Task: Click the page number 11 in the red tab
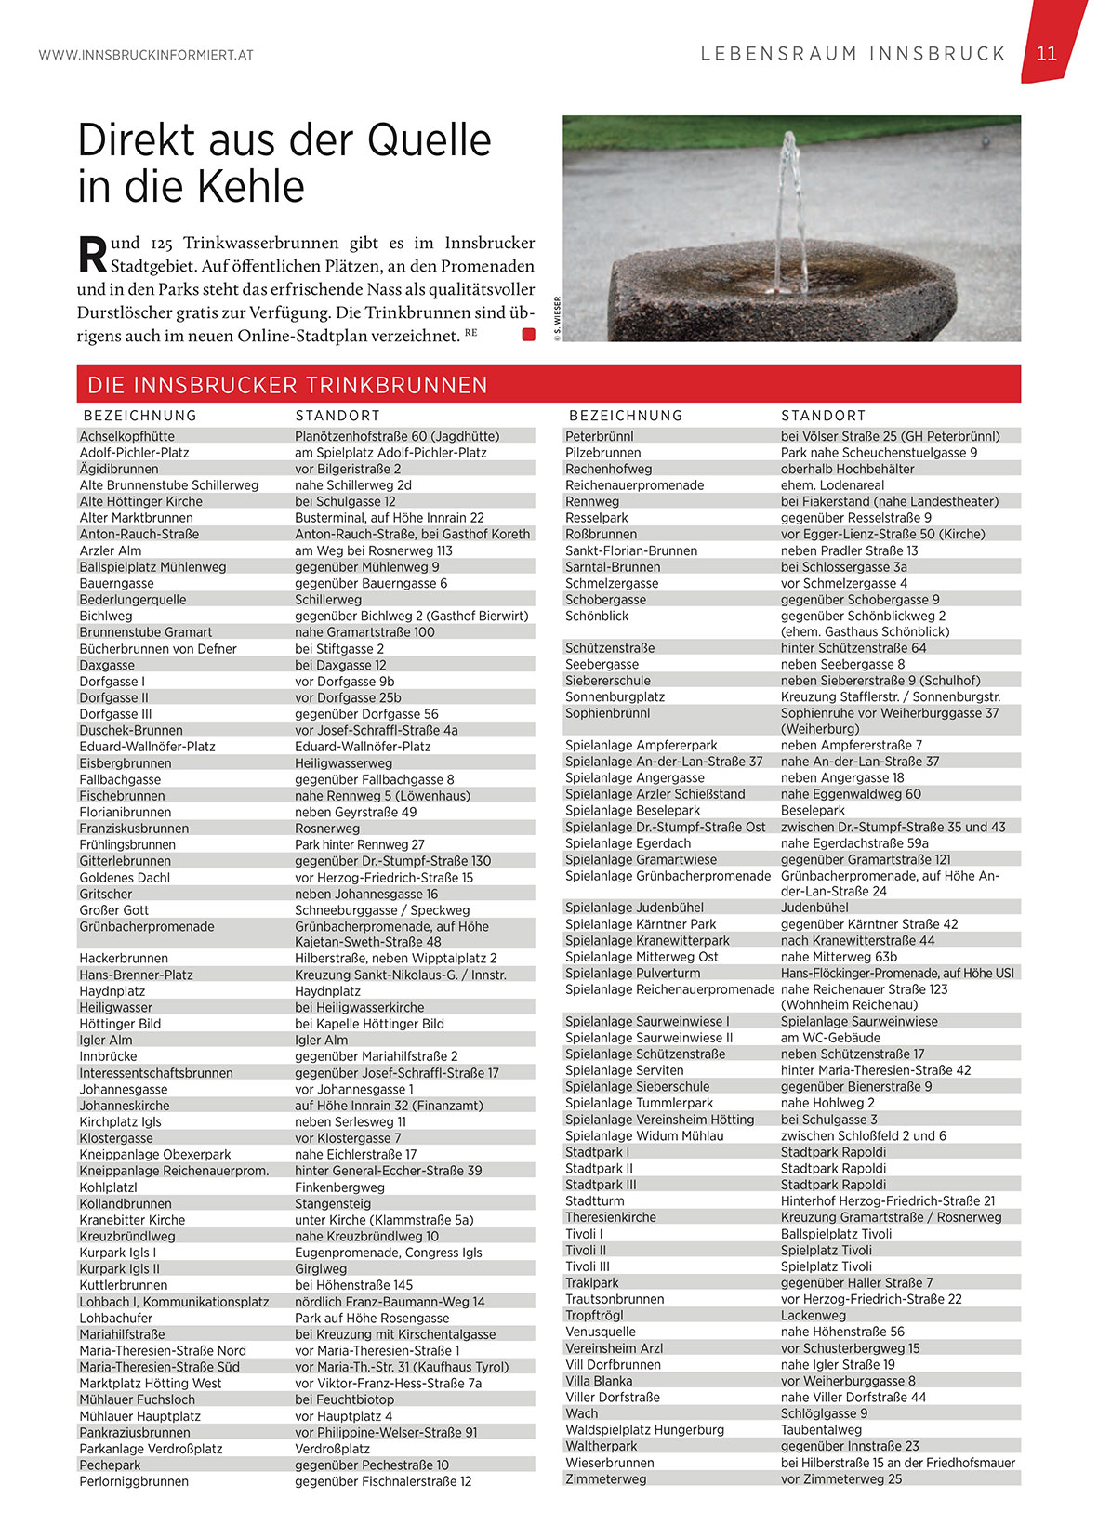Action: point(1046,53)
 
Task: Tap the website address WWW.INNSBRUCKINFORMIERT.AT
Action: point(146,55)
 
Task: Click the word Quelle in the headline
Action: point(429,140)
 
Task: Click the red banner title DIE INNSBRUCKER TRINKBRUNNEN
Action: point(287,385)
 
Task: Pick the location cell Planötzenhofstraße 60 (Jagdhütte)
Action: point(397,436)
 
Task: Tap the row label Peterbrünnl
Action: point(600,436)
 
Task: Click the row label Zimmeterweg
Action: point(605,1478)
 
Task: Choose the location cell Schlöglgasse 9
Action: point(824,1413)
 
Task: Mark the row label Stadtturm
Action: point(595,1200)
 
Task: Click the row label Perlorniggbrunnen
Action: point(134,1481)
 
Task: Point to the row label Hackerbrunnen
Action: point(124,958)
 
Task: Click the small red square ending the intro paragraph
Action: point(528,335)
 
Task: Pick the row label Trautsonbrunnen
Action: point(615,1299)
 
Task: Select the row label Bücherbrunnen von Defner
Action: point(158,649)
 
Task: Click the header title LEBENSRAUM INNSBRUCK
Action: point(853,54)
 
